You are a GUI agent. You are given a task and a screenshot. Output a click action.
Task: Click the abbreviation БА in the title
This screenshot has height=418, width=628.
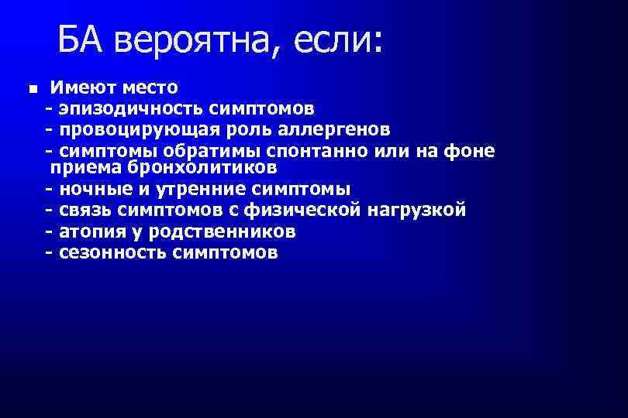(x=81, y=38)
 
